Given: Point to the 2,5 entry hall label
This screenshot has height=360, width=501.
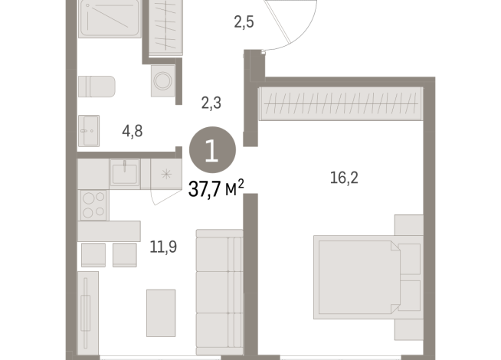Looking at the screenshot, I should (244, 20).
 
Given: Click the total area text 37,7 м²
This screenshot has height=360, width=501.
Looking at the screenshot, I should (217, 188).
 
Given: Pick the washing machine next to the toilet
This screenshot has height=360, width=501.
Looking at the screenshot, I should (163, 80).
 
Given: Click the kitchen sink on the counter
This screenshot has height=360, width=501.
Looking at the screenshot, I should (124, 173).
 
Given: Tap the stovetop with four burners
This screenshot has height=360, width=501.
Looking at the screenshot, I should (93, 203).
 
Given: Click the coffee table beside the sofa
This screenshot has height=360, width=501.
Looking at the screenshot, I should (161, 313).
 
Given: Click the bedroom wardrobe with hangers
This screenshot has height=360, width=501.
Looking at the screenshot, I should (342, 105).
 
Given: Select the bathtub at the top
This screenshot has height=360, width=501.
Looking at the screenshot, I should (110, 19).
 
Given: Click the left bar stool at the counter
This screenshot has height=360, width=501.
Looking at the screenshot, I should (92, 254).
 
